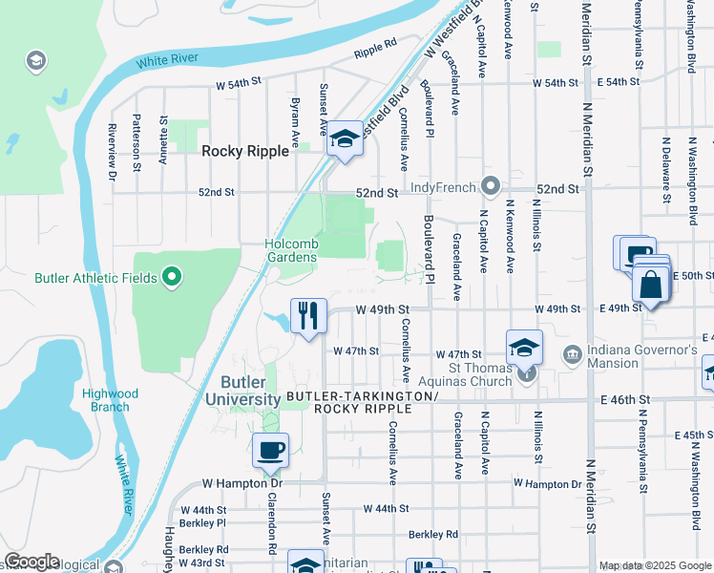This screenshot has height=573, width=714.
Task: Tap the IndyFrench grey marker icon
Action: tap(491, 184)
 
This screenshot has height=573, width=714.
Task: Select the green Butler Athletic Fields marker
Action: tap(172, 278)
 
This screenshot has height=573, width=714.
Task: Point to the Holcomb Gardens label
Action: tap(291, 250)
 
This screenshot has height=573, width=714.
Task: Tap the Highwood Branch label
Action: tap(110, 400)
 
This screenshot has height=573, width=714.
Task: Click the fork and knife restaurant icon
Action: tap(308, 315)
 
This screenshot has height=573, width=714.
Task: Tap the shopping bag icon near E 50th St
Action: tap(651, 285)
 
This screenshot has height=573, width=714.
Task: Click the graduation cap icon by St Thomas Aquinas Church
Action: tap(524, 348)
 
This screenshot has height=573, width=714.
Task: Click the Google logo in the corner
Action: tap(31, 562)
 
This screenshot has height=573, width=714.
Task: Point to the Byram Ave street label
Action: tap(295, 123)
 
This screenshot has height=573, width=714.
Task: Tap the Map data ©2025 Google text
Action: tap(655, 566)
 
